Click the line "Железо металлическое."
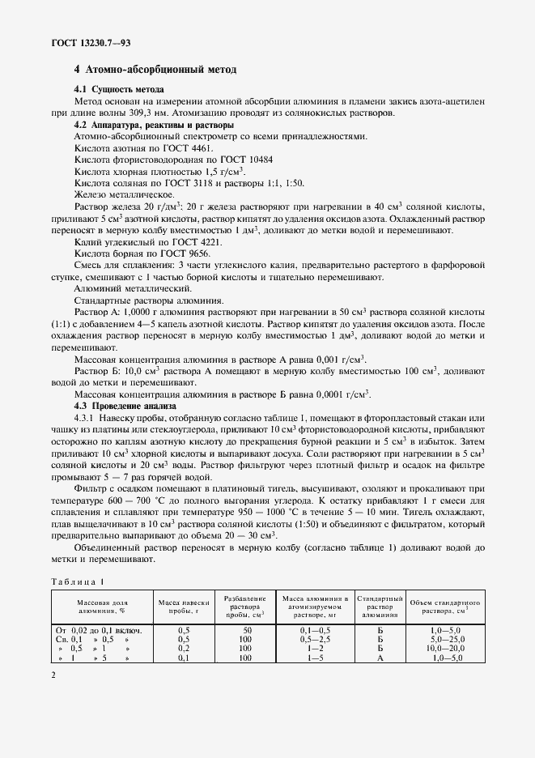coord(122,195)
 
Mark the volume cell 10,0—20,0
coord(444,649)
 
